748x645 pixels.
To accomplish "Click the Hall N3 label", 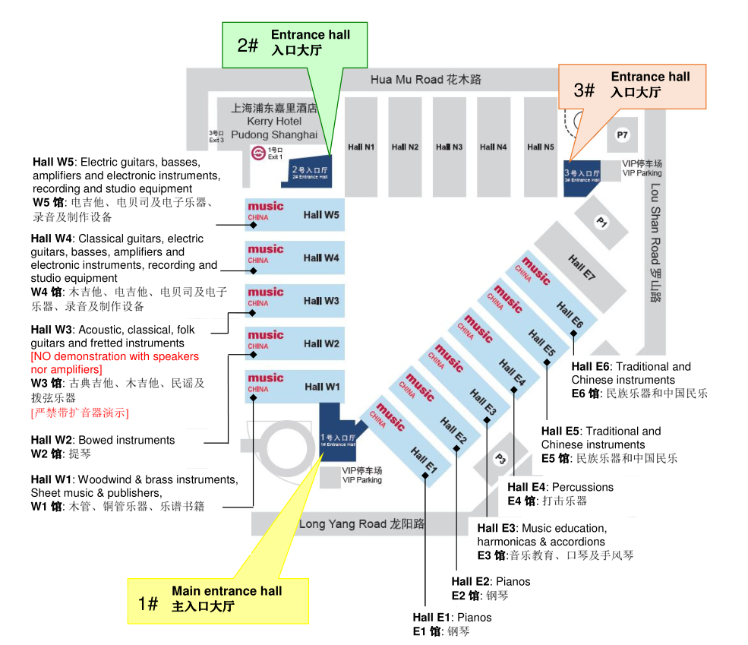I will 448,147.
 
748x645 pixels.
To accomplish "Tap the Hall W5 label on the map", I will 321,215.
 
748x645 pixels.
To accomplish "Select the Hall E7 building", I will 582,265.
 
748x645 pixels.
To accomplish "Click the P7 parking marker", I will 623,135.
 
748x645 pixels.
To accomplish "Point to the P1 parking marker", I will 601,223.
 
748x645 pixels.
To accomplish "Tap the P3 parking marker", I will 500,458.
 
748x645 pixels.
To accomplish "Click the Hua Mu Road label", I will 425,79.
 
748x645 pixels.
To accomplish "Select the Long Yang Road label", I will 361,523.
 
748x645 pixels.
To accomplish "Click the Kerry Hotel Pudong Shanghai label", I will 274,122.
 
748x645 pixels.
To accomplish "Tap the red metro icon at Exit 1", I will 257,153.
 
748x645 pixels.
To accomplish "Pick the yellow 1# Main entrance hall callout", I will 218,599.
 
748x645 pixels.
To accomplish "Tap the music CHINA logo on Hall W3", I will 264,296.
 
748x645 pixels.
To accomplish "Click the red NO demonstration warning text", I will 115,362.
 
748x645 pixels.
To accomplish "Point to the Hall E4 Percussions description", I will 560,493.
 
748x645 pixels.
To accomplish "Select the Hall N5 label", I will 540,147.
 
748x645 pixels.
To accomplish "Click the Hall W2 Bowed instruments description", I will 103,447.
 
